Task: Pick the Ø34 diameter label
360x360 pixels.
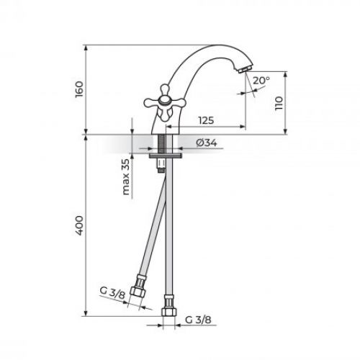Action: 209,143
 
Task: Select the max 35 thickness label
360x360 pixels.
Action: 127,177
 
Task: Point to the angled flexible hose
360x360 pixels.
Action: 151,230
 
